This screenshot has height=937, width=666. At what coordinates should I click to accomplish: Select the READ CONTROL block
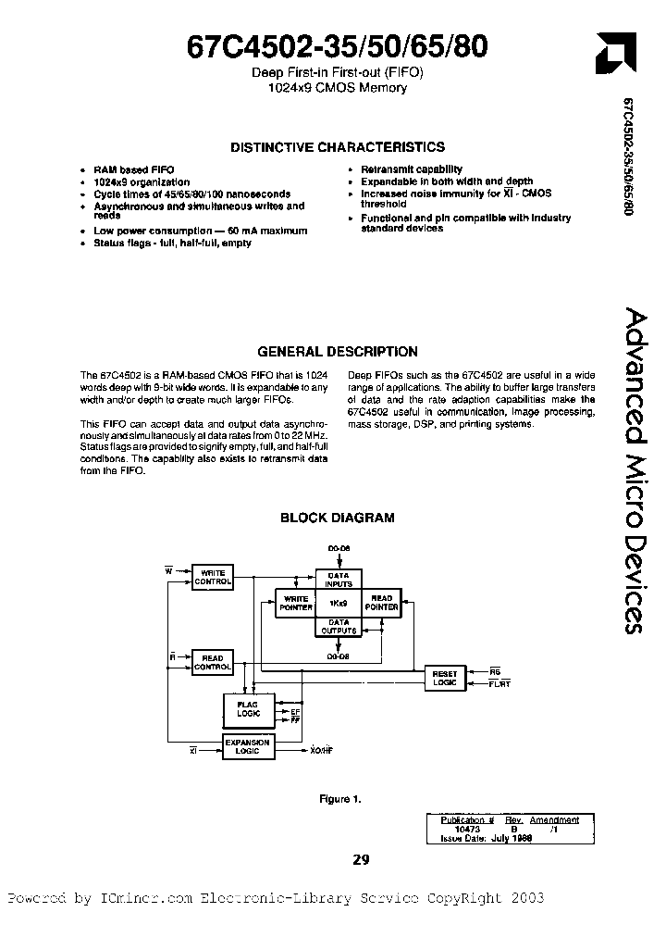pyautogui.click(x=212, y=662)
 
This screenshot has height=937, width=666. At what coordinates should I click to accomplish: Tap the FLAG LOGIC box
pyautogui.click(x=248, y=709)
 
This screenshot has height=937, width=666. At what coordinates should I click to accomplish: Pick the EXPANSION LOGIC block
pyautogui.click(x=248, y=746)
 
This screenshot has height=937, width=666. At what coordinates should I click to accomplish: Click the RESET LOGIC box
pyautogui.click(x=445, y=677)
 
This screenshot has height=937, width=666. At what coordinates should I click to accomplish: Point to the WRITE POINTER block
pyautogui.click(x=295, y=604)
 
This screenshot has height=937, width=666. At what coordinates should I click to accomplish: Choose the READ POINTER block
pyautogui.click(x=381, y=604)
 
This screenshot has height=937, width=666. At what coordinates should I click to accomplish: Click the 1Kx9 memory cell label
pyautogui.click(x=338, y=603)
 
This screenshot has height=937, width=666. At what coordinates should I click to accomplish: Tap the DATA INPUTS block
pyautogui.click(x=339, y=580)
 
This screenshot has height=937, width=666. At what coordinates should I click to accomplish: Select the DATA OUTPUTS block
pyautogui.click(x=339, y=627)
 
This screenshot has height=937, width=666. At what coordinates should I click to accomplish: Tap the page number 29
pyautogui.click(x=361, y=859)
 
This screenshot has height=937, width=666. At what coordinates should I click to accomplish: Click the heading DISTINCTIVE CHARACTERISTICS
pyautogui.click(x=337, y=147)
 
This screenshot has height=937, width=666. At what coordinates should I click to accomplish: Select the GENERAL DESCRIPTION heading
pyautogui.click(x=337, y=352)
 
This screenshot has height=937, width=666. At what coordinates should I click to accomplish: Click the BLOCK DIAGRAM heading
pyautogui.click(x=337, y=518)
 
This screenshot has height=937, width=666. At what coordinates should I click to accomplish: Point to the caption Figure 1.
pyautogui.click(x=335, y=798)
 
